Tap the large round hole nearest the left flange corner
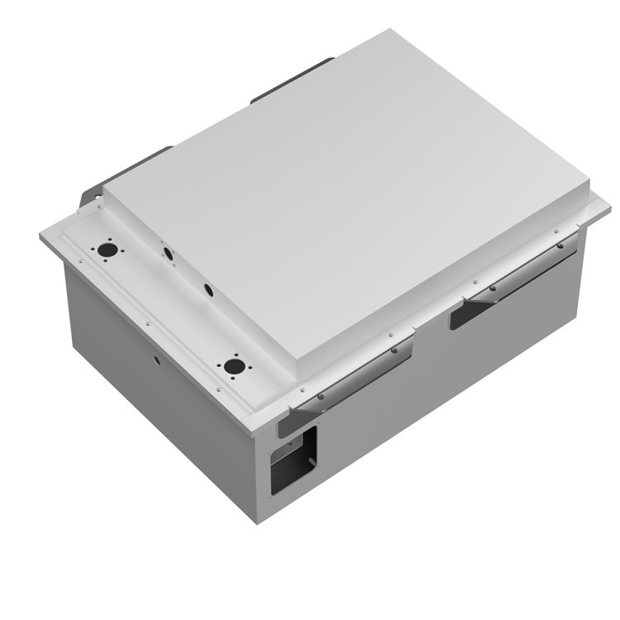(106, 248)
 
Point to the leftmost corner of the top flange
(41, 237)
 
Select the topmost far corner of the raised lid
(390, 31)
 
